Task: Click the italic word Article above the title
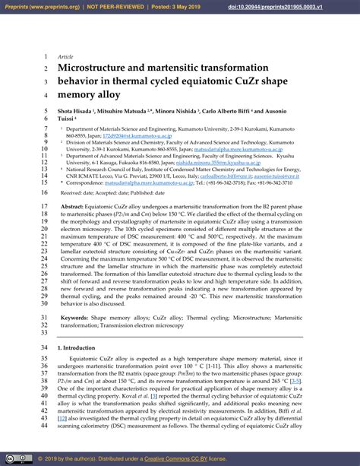tap(65, 57)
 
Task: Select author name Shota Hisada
tap(78, 112)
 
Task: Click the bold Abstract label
tap(73, 206)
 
